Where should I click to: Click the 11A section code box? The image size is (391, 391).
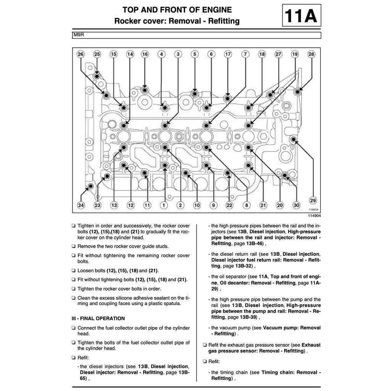coord(301,16)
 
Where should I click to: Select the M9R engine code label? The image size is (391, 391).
coord(79,35)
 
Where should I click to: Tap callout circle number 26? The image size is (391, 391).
coord(80,54)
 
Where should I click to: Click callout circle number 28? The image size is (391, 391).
coord(312,54)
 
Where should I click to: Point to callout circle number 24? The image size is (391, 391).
coord(81,205)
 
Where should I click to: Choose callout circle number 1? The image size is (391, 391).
coord(164,205)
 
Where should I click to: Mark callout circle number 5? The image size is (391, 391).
coord(194,54)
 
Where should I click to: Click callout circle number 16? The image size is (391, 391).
coord(145,54)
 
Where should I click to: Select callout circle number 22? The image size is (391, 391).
coord(229,205)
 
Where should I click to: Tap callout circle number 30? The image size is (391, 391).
coord(296,205)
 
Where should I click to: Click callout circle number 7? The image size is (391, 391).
coord(245,54)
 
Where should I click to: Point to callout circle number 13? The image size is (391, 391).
coord(114,205)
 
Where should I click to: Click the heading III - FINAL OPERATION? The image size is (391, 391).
coord(98,318)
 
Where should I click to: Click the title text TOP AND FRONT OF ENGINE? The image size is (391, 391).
coord(177,10)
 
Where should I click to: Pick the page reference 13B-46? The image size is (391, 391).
coord(254,243)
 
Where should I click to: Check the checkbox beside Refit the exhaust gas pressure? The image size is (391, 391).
coord(205,345)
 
